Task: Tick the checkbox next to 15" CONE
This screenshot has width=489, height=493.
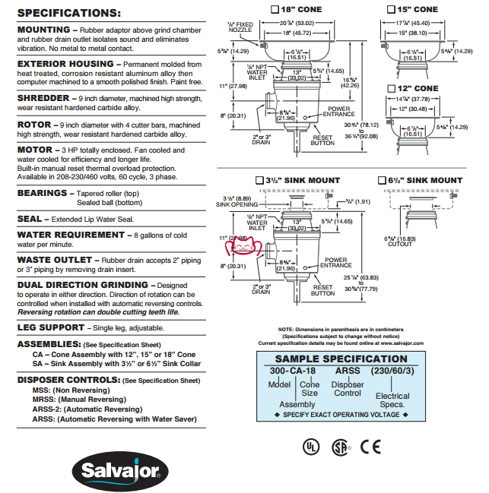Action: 391,9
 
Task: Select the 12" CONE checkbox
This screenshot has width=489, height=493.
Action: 391,89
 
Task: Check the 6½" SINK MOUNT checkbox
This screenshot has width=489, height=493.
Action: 382,181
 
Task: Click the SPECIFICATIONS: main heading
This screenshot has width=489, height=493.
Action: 68,13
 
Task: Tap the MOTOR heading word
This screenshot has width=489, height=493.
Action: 34,150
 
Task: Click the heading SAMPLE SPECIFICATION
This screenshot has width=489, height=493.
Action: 341,359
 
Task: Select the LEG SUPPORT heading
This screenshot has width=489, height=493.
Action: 50,327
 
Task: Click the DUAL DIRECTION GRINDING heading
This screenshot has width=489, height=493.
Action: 85,285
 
